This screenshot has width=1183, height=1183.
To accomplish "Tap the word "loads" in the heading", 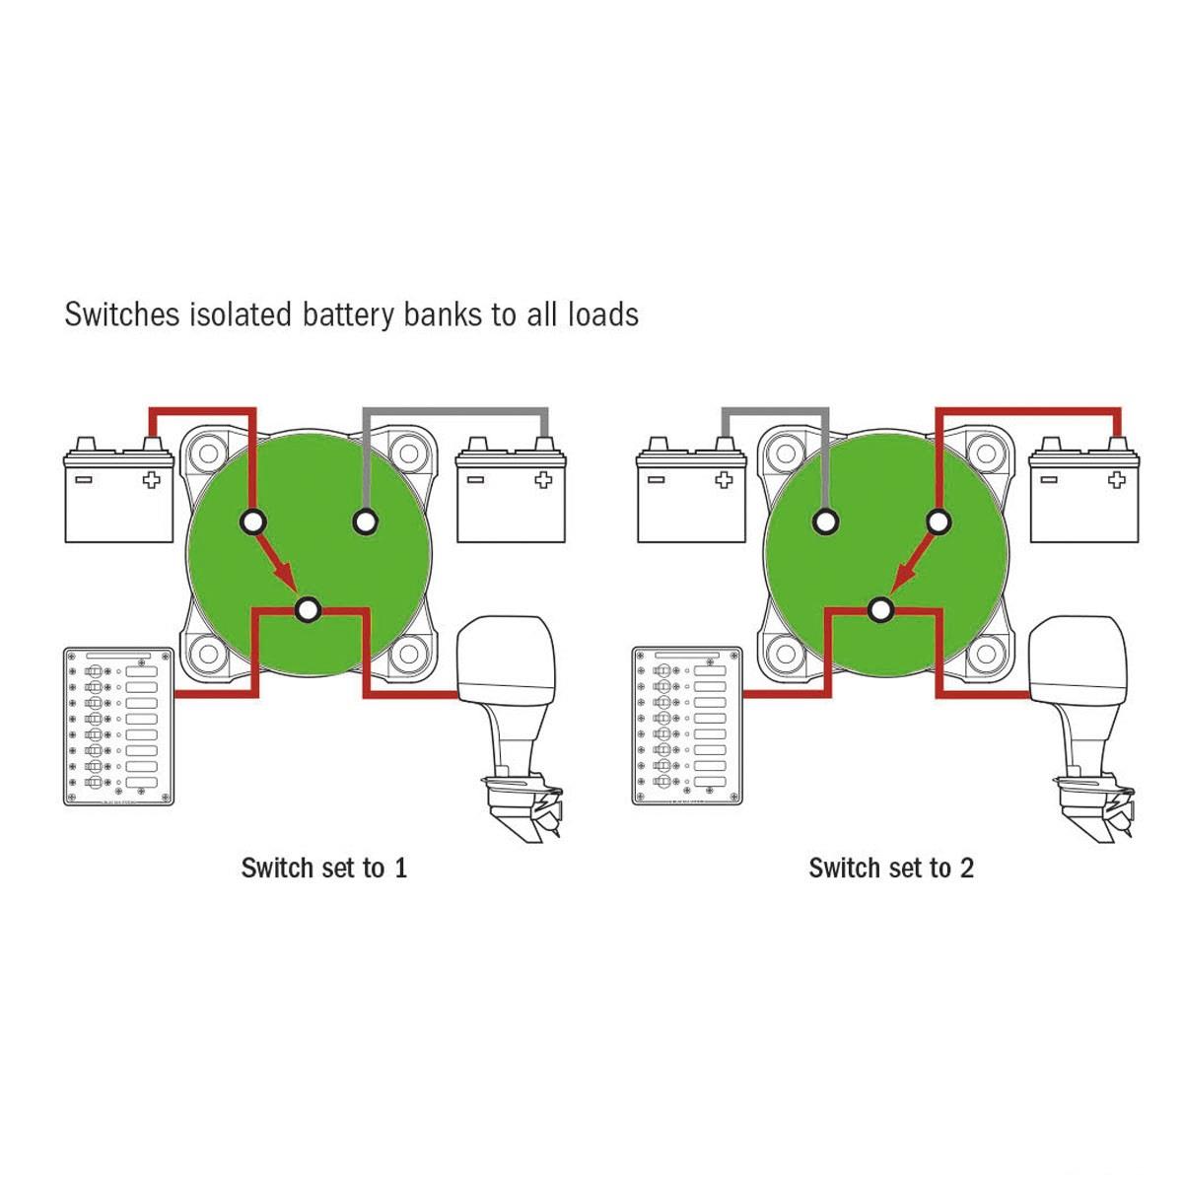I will point(602,314).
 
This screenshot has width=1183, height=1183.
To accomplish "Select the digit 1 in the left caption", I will point(400,869).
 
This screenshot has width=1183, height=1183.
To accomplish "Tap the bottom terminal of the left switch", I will point(308,610).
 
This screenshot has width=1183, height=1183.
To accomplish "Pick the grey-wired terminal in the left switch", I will point(366,522).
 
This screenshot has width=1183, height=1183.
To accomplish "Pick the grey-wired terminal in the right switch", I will point(823,522).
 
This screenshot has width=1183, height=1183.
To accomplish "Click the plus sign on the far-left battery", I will point(151,480).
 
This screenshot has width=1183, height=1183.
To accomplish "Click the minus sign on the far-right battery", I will point(1049,480).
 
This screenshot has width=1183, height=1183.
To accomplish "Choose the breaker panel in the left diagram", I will point(118,726).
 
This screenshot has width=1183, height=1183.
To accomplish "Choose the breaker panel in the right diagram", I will point(687,726).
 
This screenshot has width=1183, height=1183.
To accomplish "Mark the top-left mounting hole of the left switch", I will point(209,454).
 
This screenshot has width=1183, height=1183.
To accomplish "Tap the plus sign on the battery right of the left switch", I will point(543,480).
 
